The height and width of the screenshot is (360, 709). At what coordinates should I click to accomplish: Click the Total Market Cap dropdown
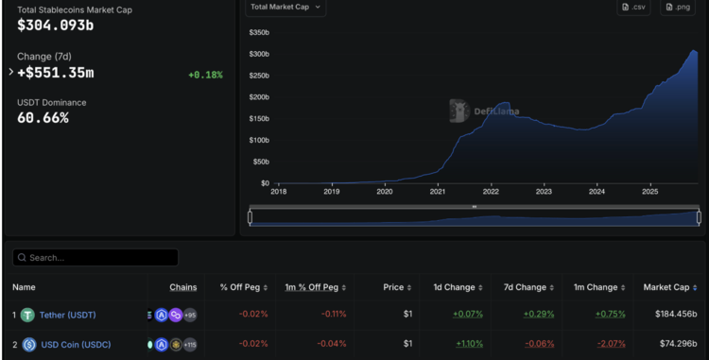286,8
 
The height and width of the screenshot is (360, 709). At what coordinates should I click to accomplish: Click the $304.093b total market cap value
55,26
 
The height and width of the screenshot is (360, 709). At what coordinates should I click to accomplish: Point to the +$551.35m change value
56,73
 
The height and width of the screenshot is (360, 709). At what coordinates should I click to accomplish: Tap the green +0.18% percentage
205,74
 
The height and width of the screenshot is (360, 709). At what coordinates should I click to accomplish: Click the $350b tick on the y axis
258,32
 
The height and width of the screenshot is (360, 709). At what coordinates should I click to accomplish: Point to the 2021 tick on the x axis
437,192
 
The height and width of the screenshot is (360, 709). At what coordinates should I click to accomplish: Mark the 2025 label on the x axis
649,192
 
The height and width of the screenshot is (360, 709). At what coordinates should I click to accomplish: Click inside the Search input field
98,257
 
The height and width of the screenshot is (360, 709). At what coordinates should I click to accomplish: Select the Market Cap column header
668,287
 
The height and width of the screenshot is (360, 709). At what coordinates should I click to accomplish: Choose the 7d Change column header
524,287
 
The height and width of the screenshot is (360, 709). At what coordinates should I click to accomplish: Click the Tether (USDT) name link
67,315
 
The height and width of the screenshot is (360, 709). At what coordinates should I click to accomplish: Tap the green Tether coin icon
28,315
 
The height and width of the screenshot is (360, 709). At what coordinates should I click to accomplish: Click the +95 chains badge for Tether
190,315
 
